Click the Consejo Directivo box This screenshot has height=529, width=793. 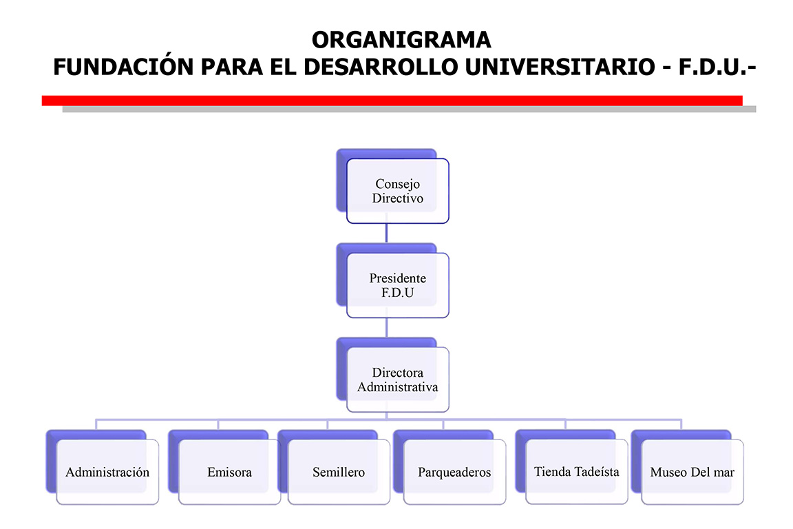tap(397, 191)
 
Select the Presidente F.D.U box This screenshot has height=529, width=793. tap(397, 285)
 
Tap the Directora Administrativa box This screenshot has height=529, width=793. tap(397, 380)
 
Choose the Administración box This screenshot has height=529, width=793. tap(107, 473)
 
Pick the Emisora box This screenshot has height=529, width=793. tap(229, 473)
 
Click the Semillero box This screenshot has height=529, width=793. tap(339, 473)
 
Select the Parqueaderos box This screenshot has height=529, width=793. tap(454, 473)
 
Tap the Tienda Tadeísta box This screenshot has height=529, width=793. tap(576, 472)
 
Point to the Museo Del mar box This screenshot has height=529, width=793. tap(692, 473)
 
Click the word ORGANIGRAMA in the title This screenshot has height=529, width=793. tap(401, 40)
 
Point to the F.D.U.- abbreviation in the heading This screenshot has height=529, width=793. tap(712, 68)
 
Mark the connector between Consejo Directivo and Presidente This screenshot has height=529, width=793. tap(386, 233)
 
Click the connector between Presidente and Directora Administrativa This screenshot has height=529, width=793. tap(386, 327)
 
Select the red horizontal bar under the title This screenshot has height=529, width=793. tap(392, 101)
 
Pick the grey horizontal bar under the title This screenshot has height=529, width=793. tap(409, 109)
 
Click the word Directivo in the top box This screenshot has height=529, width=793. tap(397, 198)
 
